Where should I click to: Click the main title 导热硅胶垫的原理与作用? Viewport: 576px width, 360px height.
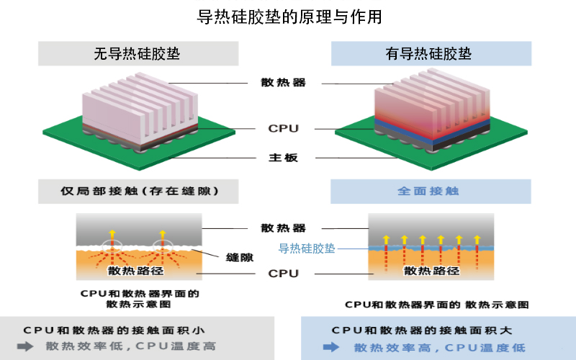[289, 17]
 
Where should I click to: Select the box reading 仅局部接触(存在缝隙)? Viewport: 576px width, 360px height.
[139, 192]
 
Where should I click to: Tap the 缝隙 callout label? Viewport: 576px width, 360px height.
[239, 257]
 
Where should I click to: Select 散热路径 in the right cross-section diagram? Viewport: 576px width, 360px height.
[432, 271]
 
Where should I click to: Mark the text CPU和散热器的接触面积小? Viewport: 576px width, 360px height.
[114, 330]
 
